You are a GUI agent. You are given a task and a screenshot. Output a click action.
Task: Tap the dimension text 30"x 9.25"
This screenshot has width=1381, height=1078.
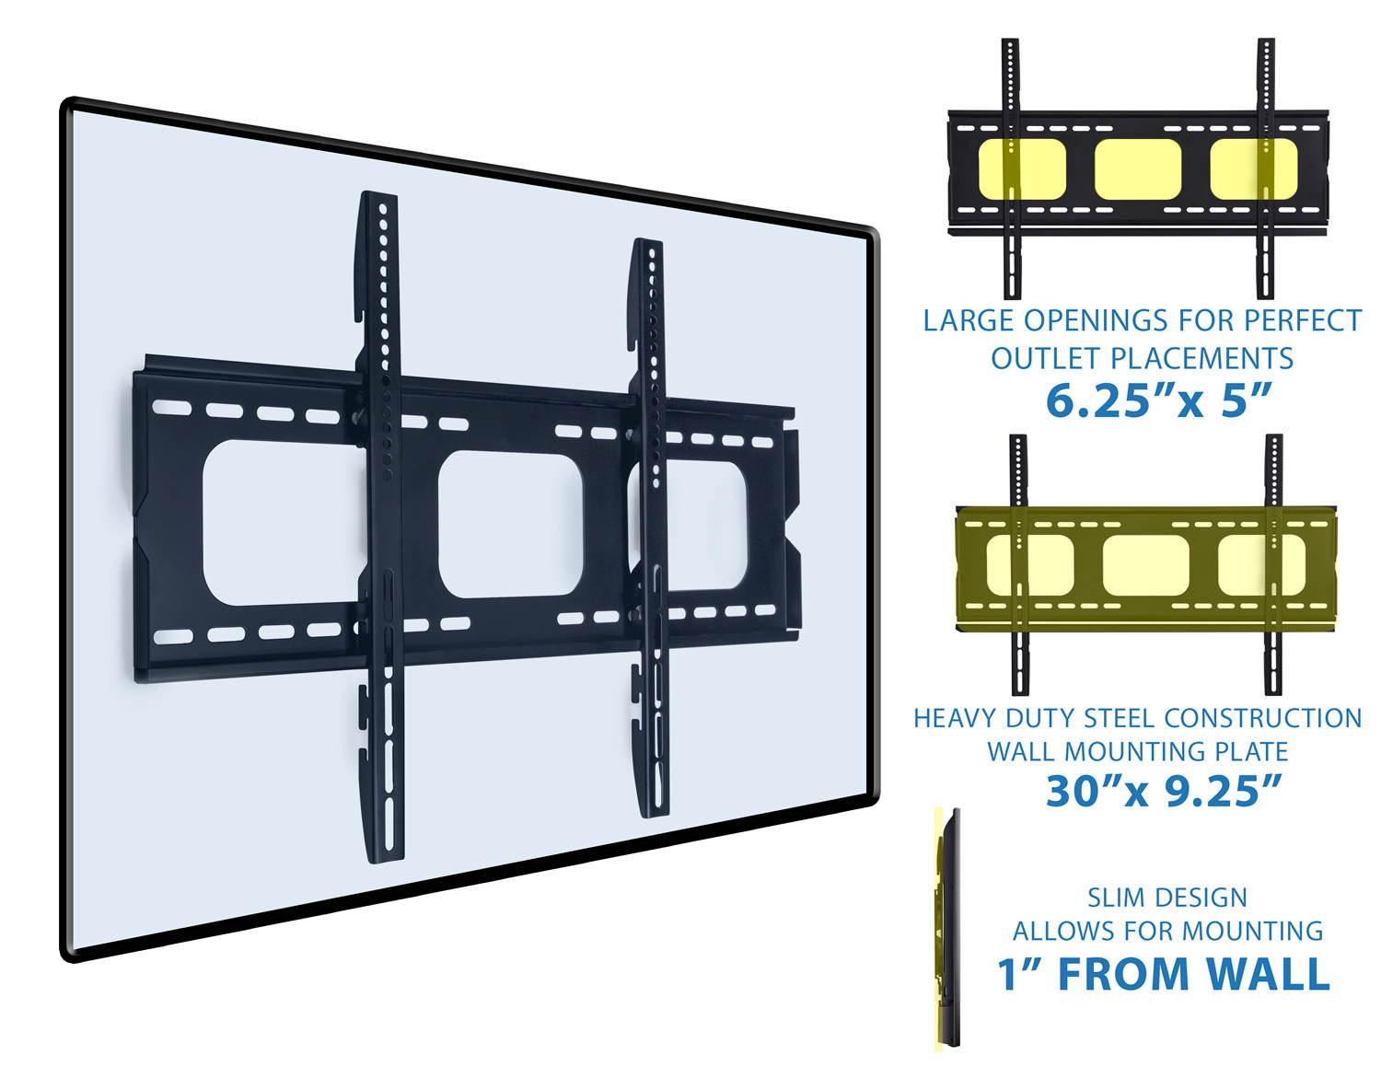coord(1163,790)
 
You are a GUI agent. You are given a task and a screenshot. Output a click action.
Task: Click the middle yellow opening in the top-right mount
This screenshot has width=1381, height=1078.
coord(1137,169)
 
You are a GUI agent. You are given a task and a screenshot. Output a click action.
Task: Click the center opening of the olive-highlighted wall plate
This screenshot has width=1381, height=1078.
coord(1146,563)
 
